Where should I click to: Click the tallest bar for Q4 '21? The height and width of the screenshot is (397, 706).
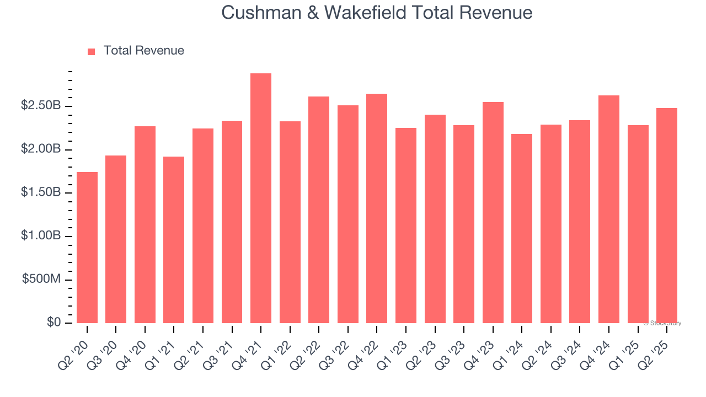260,198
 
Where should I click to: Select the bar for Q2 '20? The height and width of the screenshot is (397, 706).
87,248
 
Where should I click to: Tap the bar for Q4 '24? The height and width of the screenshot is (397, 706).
609,209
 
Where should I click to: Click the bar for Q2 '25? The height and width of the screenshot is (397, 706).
667,216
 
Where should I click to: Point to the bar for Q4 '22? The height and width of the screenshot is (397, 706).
377,208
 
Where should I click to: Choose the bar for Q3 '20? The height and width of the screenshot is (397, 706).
116,239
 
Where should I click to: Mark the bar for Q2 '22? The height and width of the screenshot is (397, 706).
319,210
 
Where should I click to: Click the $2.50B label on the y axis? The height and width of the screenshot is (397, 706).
41,105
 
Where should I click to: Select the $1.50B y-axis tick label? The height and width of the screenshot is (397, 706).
41,192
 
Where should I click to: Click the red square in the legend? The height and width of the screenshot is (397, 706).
92,51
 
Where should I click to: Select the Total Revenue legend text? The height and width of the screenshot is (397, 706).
143,51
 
